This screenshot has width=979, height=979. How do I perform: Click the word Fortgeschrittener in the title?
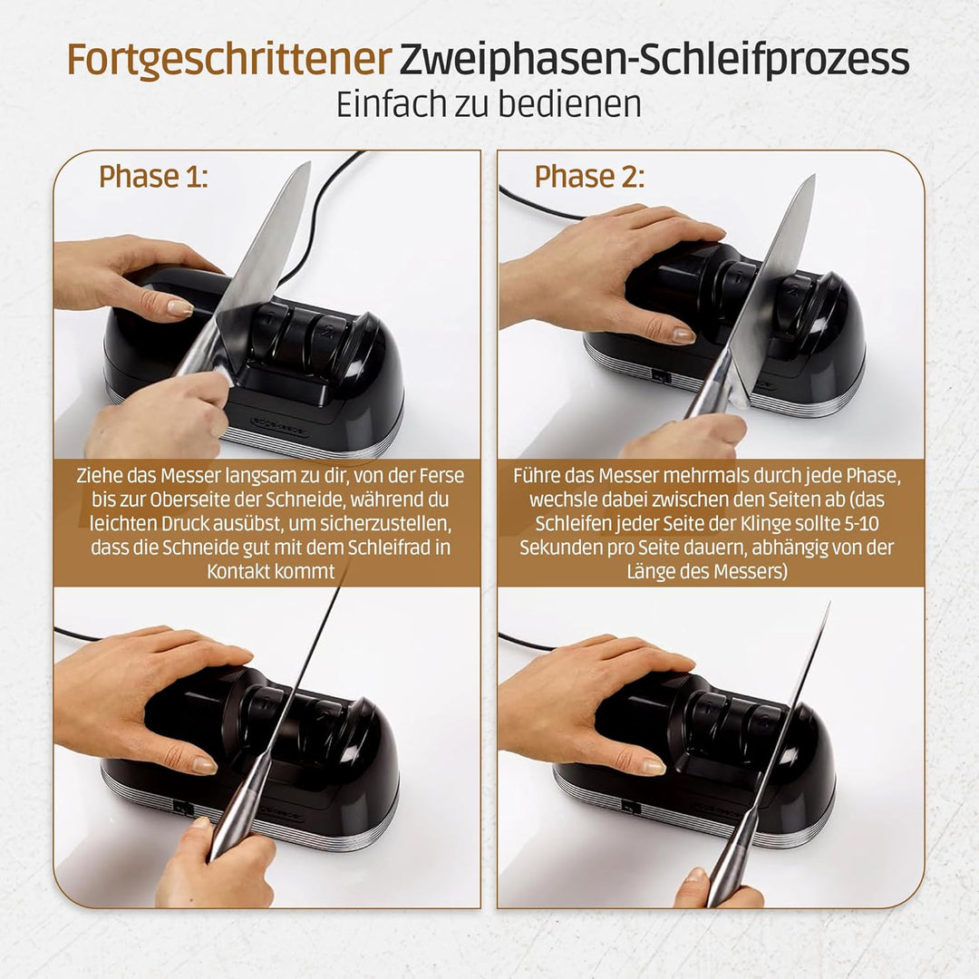click(228, 60)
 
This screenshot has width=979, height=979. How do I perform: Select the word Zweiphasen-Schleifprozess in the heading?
click(654, 60)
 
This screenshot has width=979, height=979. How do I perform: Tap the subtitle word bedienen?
click(574, 104)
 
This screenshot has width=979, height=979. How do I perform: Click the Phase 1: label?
click(153, 176)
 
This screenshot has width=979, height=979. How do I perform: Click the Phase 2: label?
click(589, 176)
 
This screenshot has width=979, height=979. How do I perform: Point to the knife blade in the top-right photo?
click(775, 281)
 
